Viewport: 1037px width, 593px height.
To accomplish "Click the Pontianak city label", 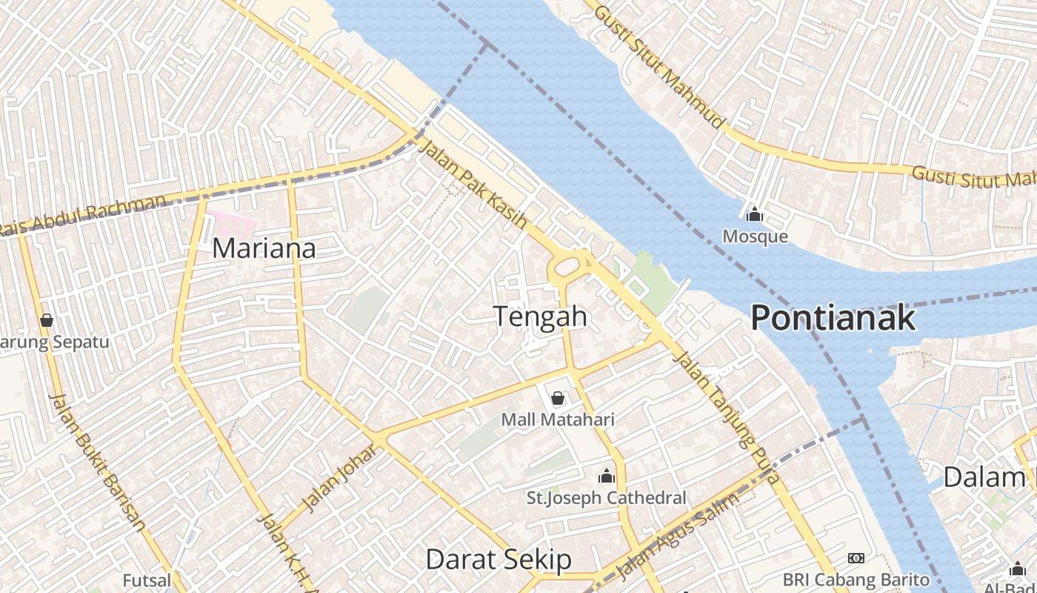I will point(833,318).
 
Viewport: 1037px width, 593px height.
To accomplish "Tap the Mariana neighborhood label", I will point(264,248).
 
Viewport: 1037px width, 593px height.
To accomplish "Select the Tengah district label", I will point(541,317).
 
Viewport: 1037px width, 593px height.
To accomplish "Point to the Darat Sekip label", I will point(499,560).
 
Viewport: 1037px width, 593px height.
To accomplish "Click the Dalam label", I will point(984,477).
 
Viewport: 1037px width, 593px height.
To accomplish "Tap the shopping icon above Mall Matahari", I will point(558,399).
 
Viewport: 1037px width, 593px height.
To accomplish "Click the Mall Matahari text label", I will point(558,420).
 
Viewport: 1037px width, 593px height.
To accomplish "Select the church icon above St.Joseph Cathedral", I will point(607,476).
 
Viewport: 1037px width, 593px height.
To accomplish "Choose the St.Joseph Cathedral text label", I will point(607,497).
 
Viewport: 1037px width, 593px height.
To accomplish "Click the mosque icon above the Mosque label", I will point(755,215).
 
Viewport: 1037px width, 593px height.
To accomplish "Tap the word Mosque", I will point(755,236).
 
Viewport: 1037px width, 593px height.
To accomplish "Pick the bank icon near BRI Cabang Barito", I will point(856,557).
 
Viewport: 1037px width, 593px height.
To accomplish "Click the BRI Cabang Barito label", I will point(856,579).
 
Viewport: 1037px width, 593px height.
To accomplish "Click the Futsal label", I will point(147,580).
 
